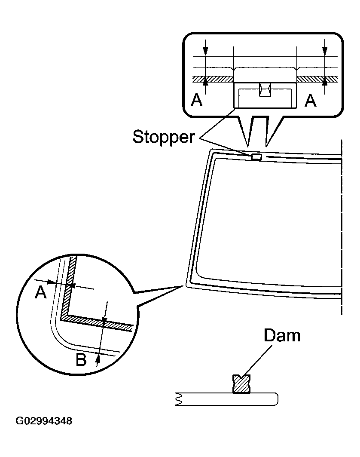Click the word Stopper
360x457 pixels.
[164, 137]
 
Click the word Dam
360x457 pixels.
[282, 336]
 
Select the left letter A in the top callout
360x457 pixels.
[197, 101]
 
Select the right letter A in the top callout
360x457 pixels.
[310, 101]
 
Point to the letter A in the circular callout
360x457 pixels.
[40, 293]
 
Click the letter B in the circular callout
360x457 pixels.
[81, 359]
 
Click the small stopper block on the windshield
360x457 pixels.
[256, 157]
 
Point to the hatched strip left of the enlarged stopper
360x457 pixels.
[213, 80]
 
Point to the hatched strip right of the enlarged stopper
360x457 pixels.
[317, 80]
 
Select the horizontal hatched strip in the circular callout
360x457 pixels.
[97, 322]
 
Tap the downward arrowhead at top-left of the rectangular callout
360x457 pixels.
[205, 52]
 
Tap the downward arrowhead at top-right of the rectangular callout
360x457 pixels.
[325, 52]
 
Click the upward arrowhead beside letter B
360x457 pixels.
[98, 357]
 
